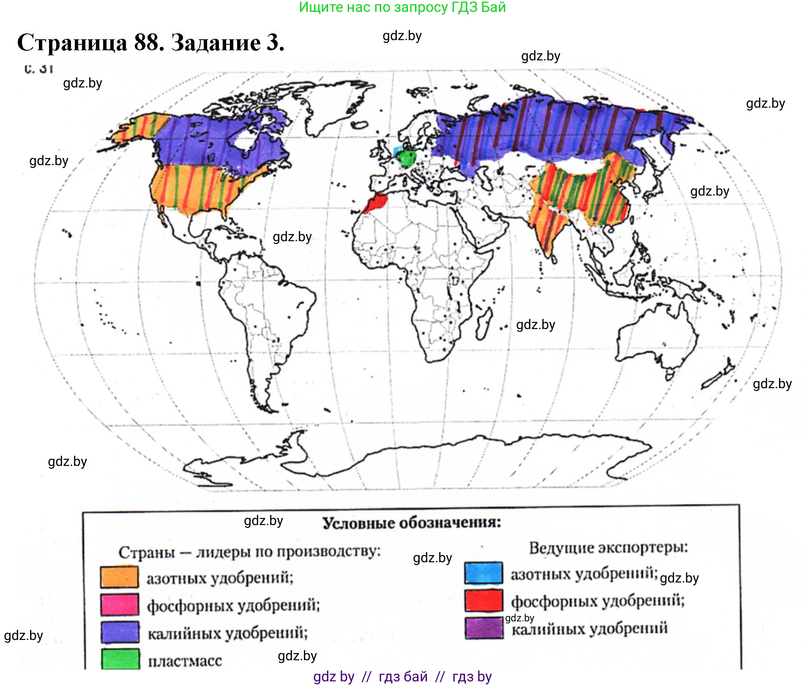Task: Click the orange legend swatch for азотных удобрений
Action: point(119,577)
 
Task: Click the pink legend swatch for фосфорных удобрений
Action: point(119,604)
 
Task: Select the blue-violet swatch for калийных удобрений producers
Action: point(120,632)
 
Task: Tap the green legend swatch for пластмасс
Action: point(120,659)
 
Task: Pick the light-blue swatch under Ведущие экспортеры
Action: point(484,573)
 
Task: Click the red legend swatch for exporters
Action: point(484,600)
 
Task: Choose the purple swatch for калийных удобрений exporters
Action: point(484,628)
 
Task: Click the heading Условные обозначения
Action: point(411,523)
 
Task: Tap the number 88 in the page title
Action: point(148,43)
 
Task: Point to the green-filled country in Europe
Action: point(407,158)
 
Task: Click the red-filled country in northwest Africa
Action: point(376,203)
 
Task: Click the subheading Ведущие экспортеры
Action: point(608,548)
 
